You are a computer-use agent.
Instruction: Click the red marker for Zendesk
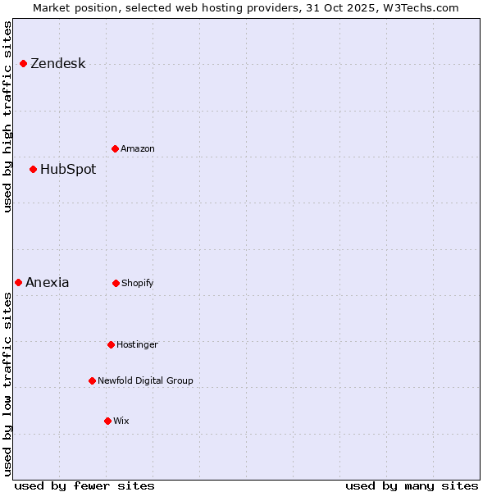pyautogui.click(x=24, y=64)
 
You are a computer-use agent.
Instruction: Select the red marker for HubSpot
pyautogui.click(x=34, y=170)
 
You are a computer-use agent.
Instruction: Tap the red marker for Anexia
pyautogui.click(x=19, y=283)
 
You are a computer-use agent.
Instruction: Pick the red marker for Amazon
pyautogui.click(x=116, y=149)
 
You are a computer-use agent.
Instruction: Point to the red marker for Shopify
pyautogui.click(x=116, y=284)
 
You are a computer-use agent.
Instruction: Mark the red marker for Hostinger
pyautogui.click(x=112, y=345)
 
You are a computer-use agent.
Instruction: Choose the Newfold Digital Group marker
pyautogui.click(x=93, y=381)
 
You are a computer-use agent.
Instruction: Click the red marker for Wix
pyautogui.click(x=108, y=421)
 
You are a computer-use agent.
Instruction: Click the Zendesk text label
pyautogui.click(x=57, y=64)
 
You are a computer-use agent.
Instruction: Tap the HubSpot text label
pyautogui.click(x=68, y=170)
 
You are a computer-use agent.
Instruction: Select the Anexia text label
pyautogui.click(x=48, y=283)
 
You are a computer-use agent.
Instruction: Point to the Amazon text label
pyautogui.click(x=138, y=149)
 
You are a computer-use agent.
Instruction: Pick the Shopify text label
pyautogui.click(x=138, y=284)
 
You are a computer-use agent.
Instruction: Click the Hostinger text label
pyautogui.click(x=137, y=345)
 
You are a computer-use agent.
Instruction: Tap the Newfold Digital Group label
pyautogui.click(x=145, y=381)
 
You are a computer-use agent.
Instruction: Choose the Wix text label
pyautogui.click(x=121, y=421)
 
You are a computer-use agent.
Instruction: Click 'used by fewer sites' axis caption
pyautogui.click(x=84, y=485)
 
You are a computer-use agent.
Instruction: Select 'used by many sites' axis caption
pyautogui.click(x=412, y=485)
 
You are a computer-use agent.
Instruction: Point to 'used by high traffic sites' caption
pyautogui.click(x=8, y=116)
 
